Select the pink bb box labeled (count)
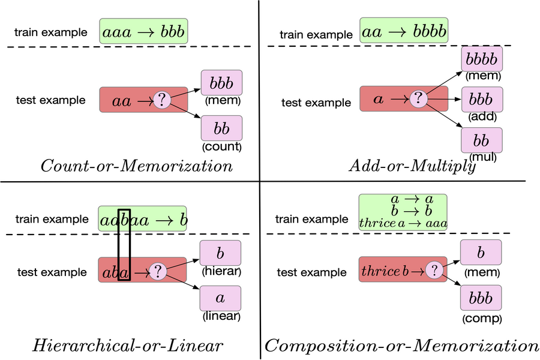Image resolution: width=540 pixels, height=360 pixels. coord(221,128)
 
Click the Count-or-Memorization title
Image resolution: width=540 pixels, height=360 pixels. coord(136,166)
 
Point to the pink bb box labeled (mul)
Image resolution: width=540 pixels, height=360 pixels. coord(481,140)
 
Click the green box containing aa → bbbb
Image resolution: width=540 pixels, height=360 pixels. coord(404,29)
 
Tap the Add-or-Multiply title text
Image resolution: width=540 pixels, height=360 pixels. coord(412,166)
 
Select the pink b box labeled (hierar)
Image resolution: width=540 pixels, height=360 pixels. coord(220,253)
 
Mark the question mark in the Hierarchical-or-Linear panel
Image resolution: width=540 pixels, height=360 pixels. coord(158,271)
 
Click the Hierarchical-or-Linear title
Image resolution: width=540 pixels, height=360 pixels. coord(128,345)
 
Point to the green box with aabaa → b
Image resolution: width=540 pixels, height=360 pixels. coord(143,220)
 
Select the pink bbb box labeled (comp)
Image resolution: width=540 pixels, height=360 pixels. coord(481,298)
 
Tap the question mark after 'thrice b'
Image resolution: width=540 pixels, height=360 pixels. coord(435,271)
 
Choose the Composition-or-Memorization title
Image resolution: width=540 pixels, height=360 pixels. coord(402,345)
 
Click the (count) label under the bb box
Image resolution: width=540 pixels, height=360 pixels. coord(221,146)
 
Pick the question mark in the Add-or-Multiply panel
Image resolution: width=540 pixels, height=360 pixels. coord(419,98)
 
